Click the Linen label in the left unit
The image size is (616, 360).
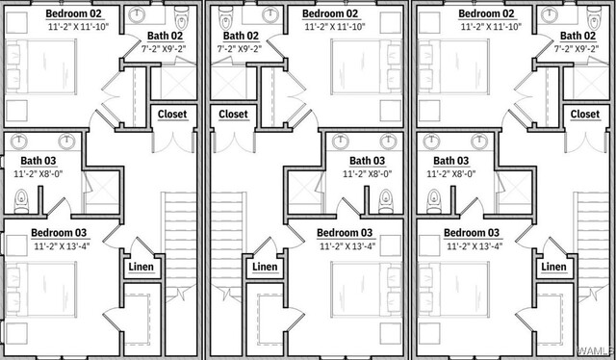(x=141, y=267)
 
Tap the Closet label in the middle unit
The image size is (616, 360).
(x=233, y=115)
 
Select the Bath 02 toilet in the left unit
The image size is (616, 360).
(x=182, y=17)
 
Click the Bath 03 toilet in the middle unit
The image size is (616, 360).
(x=385, y=201)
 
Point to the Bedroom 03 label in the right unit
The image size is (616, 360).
(x=472, y=233)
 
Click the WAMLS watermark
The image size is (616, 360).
(x=596, y=349)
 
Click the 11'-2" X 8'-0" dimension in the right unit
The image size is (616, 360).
(x=451, y=173)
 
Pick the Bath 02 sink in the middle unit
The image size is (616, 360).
(x=270, y=14)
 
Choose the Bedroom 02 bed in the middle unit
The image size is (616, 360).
(x=366, y=66)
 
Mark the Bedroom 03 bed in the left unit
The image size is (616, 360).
(x=40, y=290)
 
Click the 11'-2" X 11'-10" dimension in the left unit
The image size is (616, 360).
(x=78, y=27)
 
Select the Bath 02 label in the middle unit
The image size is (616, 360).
(x=242, y=37)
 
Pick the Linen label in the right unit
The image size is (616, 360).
(x=554, y=267)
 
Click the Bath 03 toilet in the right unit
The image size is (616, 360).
(x=434, y=201)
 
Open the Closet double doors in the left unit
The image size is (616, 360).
(x=173, y=142)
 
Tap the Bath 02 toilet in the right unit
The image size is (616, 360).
(x=594, y=17)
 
